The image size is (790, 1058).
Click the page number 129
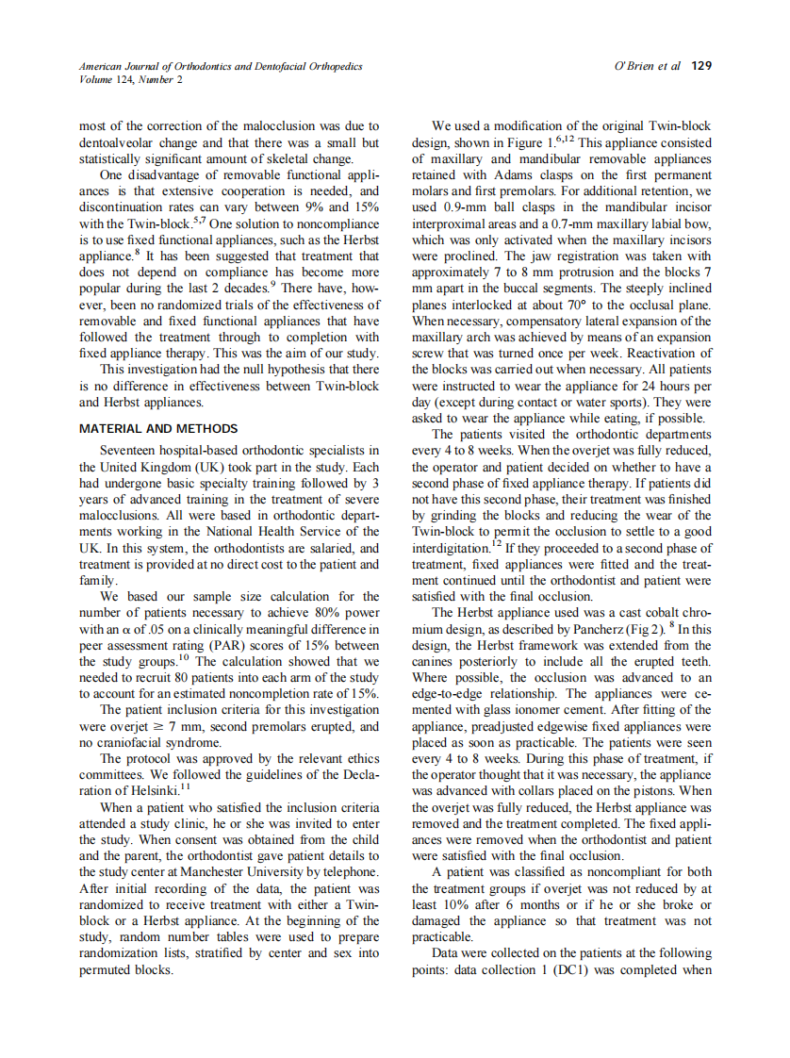coord(700,66)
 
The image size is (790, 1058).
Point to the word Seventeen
coord(132,450)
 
